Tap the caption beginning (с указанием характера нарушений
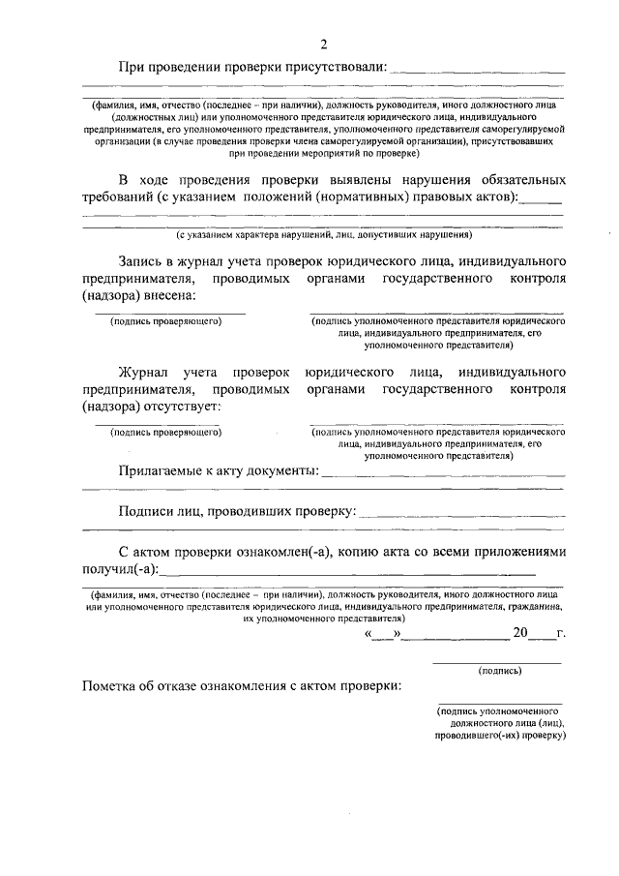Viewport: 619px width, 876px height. (323, 235)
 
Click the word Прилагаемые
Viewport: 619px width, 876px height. (162, 470)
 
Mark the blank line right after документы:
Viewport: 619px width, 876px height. (442, 473)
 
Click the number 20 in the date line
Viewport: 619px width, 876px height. (521, 634)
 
